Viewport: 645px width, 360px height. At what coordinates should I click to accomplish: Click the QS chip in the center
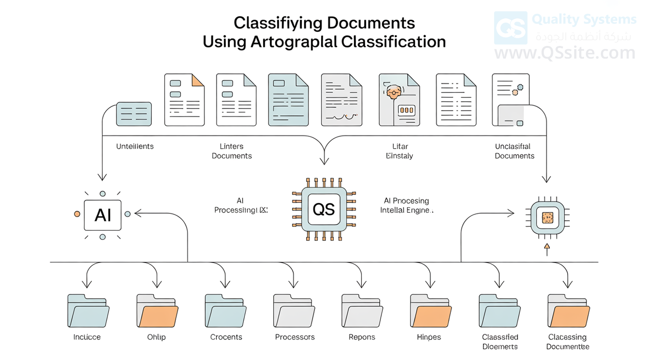tap(323, 208)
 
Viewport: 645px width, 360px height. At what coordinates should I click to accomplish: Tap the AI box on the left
tap(103, 215)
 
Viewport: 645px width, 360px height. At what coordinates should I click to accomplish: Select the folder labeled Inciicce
tap(88, 310)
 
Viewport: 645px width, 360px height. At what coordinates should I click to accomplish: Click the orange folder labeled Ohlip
tap(157, 310)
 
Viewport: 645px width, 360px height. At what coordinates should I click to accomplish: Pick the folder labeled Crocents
tap(225, 310)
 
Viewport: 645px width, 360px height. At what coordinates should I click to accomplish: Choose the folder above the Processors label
tap(294, 310)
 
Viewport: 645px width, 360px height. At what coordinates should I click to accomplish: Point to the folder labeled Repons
tap(362, 310)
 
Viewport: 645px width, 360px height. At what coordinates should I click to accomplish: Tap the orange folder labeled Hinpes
tap(430, 310)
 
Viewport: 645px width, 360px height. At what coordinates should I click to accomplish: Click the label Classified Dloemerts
tap(500, 342)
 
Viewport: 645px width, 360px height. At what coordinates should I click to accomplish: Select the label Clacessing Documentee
tap(568, 342)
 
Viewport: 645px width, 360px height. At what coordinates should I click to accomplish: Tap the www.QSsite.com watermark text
tap(565, 53)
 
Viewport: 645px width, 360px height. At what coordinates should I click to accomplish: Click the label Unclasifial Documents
tap(514, 151)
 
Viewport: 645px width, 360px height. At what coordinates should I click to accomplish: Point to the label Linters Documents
tap(232, 151)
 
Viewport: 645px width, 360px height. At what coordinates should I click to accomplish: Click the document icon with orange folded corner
tap(184, 99)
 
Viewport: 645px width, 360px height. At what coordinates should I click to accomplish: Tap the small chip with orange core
tap(547, 217)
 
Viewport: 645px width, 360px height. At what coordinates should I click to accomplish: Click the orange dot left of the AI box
tap(77, 214)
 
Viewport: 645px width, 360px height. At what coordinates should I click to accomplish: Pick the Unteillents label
tap(135, 146)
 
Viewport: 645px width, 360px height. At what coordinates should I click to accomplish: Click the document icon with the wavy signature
tap(341, 99)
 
